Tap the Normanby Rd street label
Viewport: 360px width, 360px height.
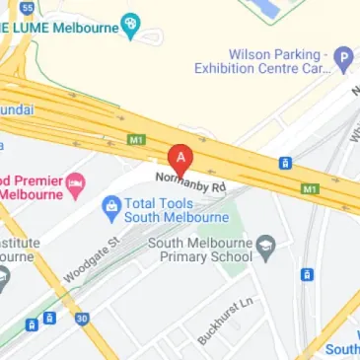point(190,182)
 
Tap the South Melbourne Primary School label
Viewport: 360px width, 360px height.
point(206,249)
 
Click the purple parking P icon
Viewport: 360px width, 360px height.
point(343,58)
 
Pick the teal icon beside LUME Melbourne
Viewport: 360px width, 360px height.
point(130,25)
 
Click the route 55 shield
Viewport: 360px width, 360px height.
point(27,6)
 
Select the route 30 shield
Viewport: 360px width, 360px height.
point(82,319)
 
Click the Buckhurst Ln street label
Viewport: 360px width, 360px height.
point(226,320)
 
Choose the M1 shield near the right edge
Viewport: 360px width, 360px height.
point(310,186)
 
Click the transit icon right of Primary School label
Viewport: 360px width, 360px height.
point(307,273)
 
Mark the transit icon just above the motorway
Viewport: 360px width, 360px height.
point(285,163)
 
